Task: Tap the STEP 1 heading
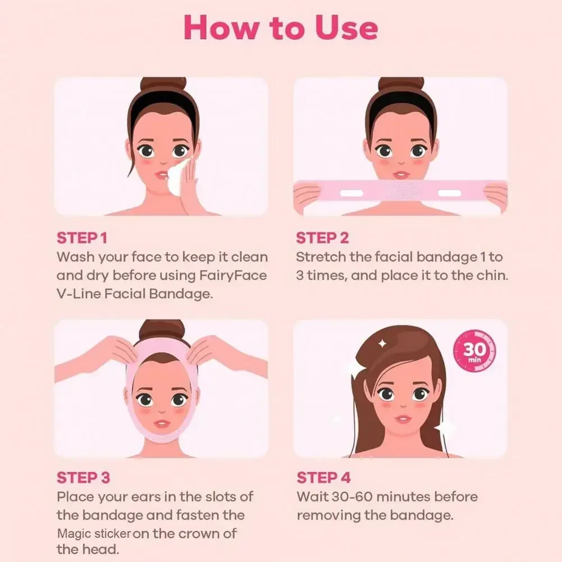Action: pos(81,238)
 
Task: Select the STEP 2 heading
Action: pos(322,238)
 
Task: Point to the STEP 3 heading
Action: pos(83,478)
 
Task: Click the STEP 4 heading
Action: pos(323,478)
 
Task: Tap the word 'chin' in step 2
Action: pos(490,276)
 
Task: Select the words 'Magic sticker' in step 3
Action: pos(94,533)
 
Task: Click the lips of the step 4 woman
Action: pos(403,419)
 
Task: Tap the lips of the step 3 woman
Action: pos(162,423)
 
